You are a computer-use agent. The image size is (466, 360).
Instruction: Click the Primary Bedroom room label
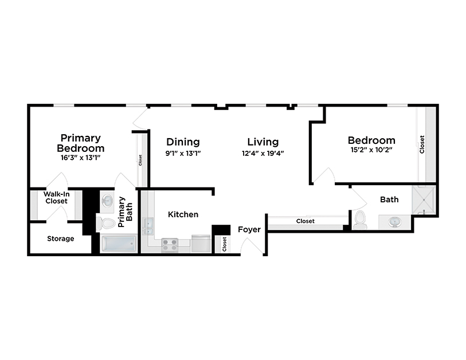(x=81, y=143)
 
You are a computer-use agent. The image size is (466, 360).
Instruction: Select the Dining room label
(x=183, y=142)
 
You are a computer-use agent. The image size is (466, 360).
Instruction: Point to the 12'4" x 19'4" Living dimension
(x=263, y=153)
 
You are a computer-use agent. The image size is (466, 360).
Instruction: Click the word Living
(x=263, y=142)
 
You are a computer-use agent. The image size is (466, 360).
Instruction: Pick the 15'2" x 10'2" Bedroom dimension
(x=371, y=150)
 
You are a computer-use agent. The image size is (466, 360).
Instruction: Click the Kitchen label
(x=183, y=214)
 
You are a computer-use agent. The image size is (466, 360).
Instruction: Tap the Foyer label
(x=249, y=229)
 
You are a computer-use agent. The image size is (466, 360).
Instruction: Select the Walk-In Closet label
(x=56, y=198)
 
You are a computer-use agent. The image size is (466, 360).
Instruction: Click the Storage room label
(x=60, y=238)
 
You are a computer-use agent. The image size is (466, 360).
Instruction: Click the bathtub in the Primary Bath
(x=119, y=245)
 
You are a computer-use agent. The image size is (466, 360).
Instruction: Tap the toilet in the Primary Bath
(x=106, y=222)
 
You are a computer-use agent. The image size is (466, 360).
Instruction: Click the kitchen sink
(x=148, y=226)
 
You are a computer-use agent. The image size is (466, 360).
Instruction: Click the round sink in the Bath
(x=395, y=221)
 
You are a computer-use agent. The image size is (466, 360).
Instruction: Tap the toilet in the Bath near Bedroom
(x=360, y=220)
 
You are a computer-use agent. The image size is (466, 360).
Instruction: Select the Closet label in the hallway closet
(x=306, y=221)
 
